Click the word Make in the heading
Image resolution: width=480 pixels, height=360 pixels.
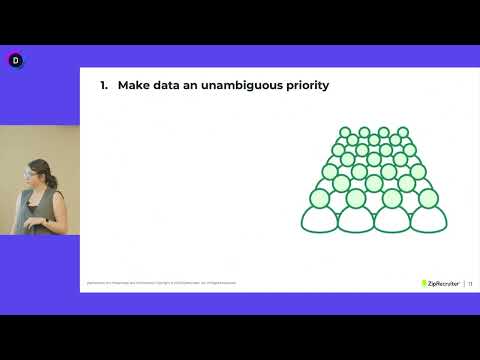click(x=134, y=86)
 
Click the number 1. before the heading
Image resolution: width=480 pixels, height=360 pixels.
click(x=104, y=86)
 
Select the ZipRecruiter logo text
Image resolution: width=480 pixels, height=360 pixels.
click(x=444, y=283)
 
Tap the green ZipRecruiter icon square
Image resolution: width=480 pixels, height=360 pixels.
click(x=424, y=283)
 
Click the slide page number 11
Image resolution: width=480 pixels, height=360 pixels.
click(x=470, y=283)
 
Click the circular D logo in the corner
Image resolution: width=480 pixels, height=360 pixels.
click(x=16, y=61)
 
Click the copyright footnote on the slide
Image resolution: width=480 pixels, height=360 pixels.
click(x=160, y=283)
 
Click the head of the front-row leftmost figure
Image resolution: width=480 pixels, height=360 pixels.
click(x=319, y=197)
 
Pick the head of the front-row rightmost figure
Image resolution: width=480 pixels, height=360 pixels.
click(x=429, y=197)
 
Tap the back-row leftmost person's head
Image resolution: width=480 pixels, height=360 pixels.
click(x=345, y=132)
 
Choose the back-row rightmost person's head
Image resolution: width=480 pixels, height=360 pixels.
click(x=403, y=132)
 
